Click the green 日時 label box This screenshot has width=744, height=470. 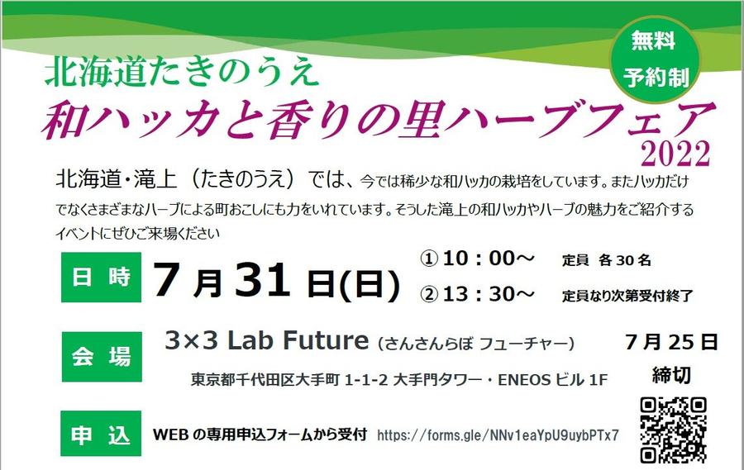pos(101,277)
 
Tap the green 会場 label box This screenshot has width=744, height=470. pos(102,357)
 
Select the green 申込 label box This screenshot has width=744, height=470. pos(101,434)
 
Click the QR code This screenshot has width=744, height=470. pos(673,430)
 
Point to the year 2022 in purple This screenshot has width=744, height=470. pos(675,154)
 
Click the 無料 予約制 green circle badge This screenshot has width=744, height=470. pos(655,60)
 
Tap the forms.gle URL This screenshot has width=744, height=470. pos(498,435)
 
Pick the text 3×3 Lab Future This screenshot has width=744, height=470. pos(266,340)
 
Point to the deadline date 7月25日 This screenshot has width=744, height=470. pos(671,342)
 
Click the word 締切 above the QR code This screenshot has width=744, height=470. pos(671,375)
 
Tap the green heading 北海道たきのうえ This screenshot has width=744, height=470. pos(181,74)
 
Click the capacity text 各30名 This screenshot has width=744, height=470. pos(624,260)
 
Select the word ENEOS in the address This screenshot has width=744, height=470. pos(524,380)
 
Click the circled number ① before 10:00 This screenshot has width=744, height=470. pos(429,259)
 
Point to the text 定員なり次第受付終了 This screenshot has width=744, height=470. pos(627,297)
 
